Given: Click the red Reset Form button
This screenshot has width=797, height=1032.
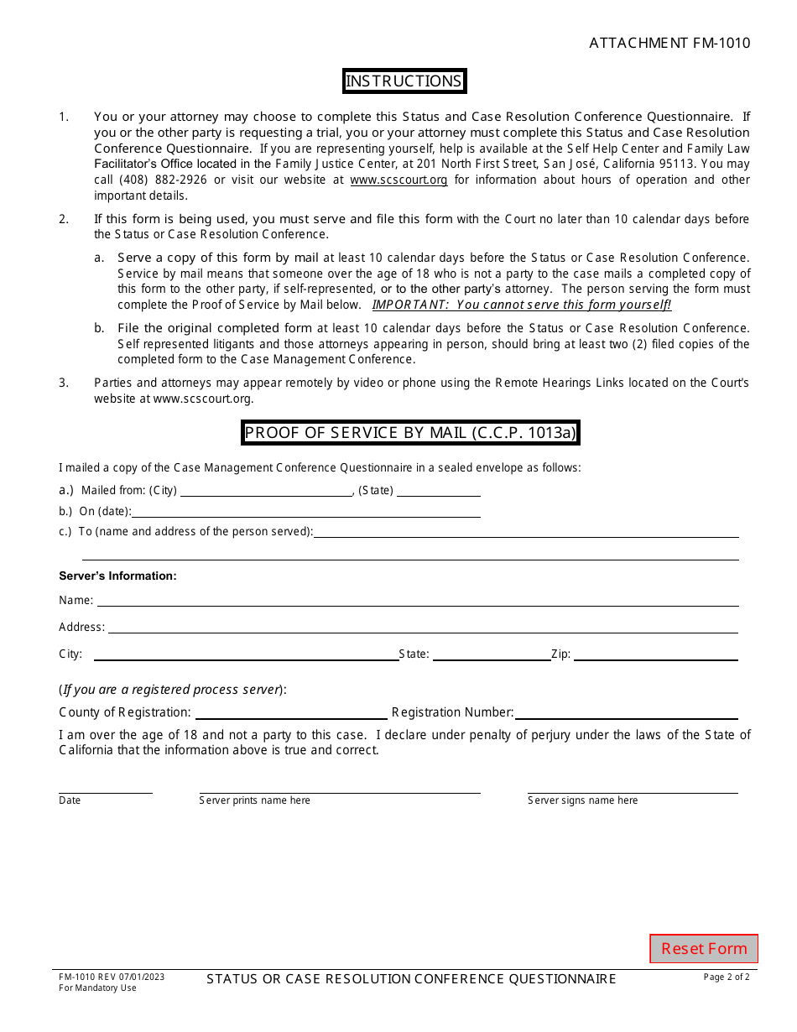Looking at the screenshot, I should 704,948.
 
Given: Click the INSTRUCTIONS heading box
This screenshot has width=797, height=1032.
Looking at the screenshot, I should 404,81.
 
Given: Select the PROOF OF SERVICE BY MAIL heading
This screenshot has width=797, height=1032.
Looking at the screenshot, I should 410,433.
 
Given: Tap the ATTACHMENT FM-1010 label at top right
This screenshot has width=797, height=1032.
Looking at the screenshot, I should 669,43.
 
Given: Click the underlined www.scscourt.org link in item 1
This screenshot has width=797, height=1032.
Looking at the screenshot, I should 398,180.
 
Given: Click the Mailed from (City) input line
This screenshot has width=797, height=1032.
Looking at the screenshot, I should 267,490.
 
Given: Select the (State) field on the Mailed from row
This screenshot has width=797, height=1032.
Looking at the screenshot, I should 438,490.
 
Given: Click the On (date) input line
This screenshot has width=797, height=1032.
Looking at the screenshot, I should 306,511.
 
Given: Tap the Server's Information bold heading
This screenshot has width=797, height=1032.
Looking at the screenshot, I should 117,576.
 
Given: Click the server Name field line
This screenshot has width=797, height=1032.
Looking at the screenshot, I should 417,600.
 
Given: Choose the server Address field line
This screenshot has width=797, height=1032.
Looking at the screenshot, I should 423,627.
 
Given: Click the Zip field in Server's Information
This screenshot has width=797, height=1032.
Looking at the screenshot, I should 655,654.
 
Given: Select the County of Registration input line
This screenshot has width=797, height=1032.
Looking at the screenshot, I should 291,712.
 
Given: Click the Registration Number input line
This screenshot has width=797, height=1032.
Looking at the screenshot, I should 626,712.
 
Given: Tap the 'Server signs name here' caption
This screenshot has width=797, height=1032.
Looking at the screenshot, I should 582,800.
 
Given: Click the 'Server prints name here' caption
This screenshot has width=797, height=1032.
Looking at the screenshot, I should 254,800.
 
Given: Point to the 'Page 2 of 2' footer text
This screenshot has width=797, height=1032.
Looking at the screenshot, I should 727,977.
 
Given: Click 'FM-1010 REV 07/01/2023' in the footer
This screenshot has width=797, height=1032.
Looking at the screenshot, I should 112,977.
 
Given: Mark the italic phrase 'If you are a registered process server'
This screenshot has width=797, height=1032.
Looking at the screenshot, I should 171,690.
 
